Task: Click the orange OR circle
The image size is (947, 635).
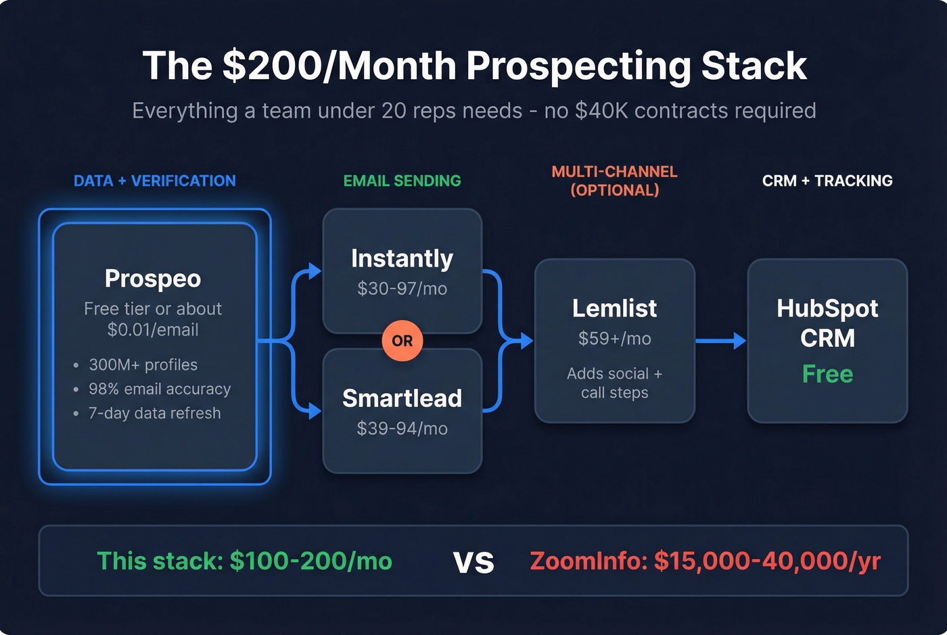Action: pos(402,341)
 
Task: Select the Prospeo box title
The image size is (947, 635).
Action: pos(153,279)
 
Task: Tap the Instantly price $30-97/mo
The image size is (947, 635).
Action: pos(402,289)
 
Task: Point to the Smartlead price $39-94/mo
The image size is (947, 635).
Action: pos(402,429)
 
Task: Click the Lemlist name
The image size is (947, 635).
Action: pos(614,308)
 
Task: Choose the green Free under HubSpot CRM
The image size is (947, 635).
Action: pos(827,374)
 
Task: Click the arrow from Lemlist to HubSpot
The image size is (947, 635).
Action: pos(720,341)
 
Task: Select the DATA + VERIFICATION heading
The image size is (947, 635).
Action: pos(155,181)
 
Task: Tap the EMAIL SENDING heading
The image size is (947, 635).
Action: pos(402,181)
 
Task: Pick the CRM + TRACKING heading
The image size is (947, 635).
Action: pos(827,181)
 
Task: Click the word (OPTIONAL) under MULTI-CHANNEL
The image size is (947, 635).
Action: pos(614,191)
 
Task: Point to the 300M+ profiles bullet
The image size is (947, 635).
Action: pos(143,365)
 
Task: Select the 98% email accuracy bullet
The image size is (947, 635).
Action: pos(160,390)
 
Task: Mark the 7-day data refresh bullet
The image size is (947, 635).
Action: pos(154,413)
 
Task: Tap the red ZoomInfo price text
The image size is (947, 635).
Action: pos(705,561)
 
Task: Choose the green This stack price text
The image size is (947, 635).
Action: pos(244,561)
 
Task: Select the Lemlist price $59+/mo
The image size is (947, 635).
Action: pos(614,339)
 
